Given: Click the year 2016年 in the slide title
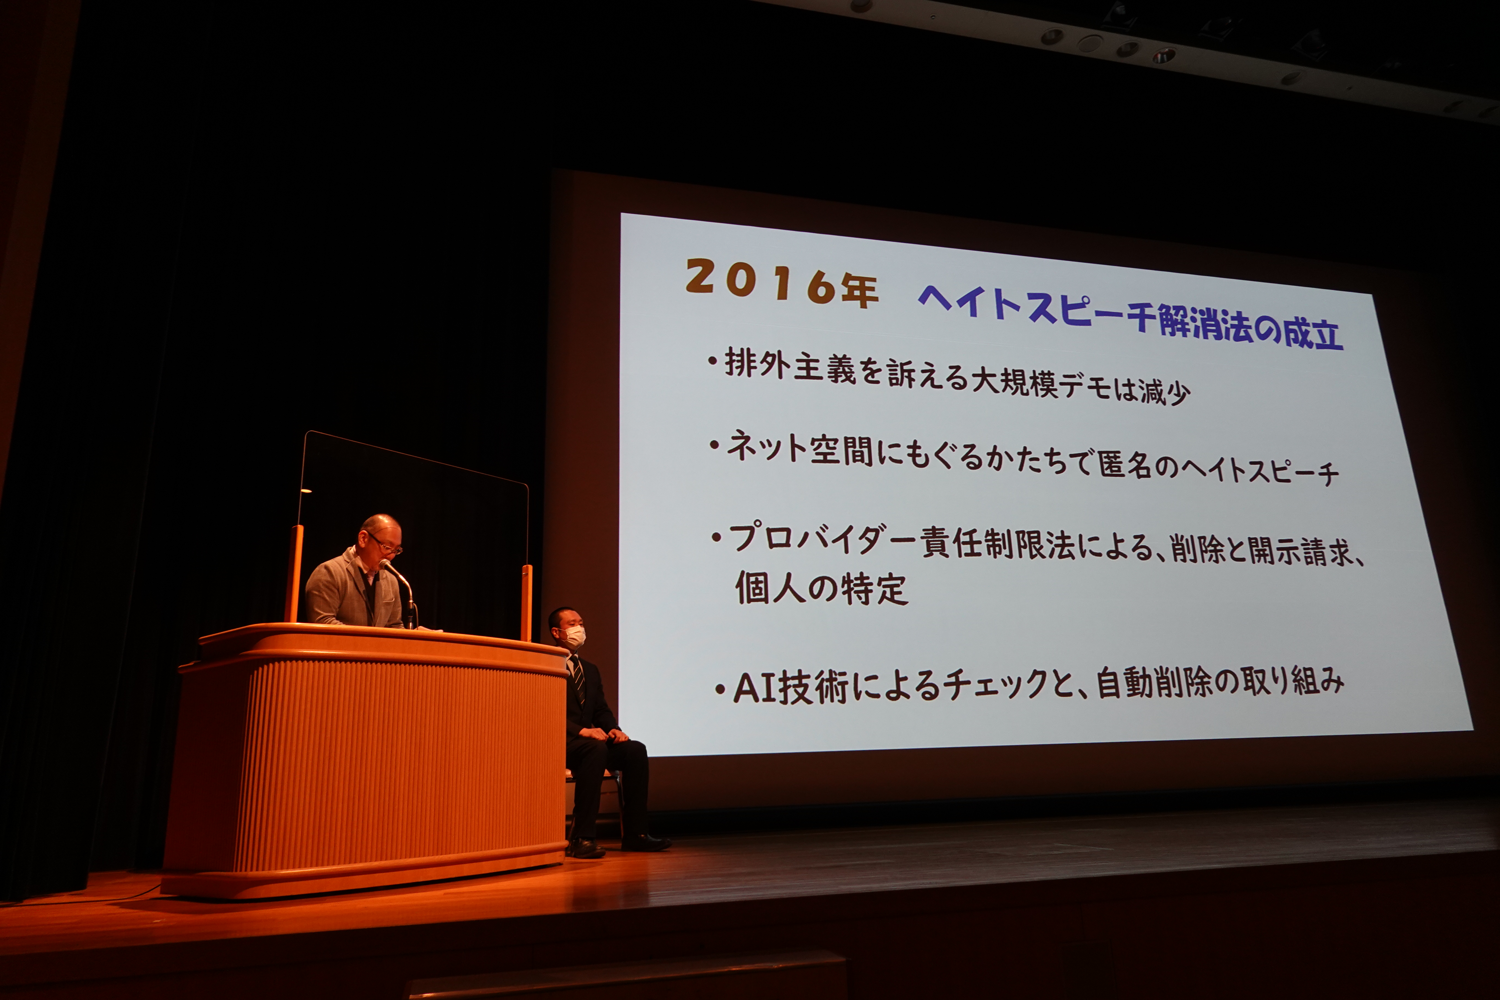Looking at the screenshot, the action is [x=782, y=283].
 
